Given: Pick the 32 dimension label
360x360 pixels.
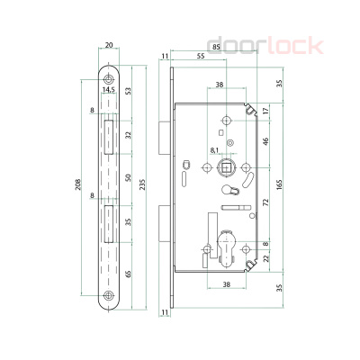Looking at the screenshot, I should point(130,134).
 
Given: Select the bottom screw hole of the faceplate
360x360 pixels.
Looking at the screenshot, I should point(109,297).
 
